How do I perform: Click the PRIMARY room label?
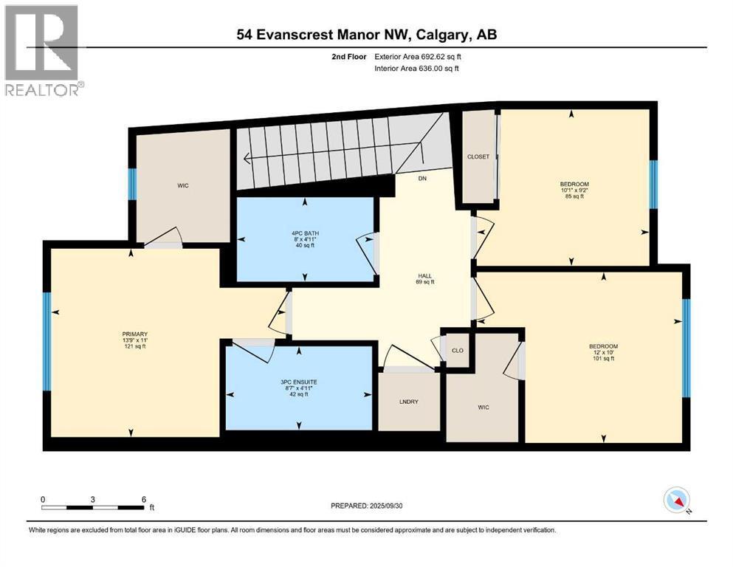click(x=130, y=334)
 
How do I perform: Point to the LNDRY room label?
click(x=408, y=401)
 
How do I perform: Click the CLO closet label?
click(x=457, y=350)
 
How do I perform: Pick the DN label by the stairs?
click(x=422, y=178)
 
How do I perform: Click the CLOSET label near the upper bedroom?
click(x=478, y=157)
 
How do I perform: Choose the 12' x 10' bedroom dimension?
click(x=603, y=353)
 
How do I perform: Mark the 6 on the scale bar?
click(x=143, y=499)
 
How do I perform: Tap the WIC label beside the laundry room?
click(x=483, y=408)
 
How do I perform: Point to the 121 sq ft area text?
click(x=130, y=346)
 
